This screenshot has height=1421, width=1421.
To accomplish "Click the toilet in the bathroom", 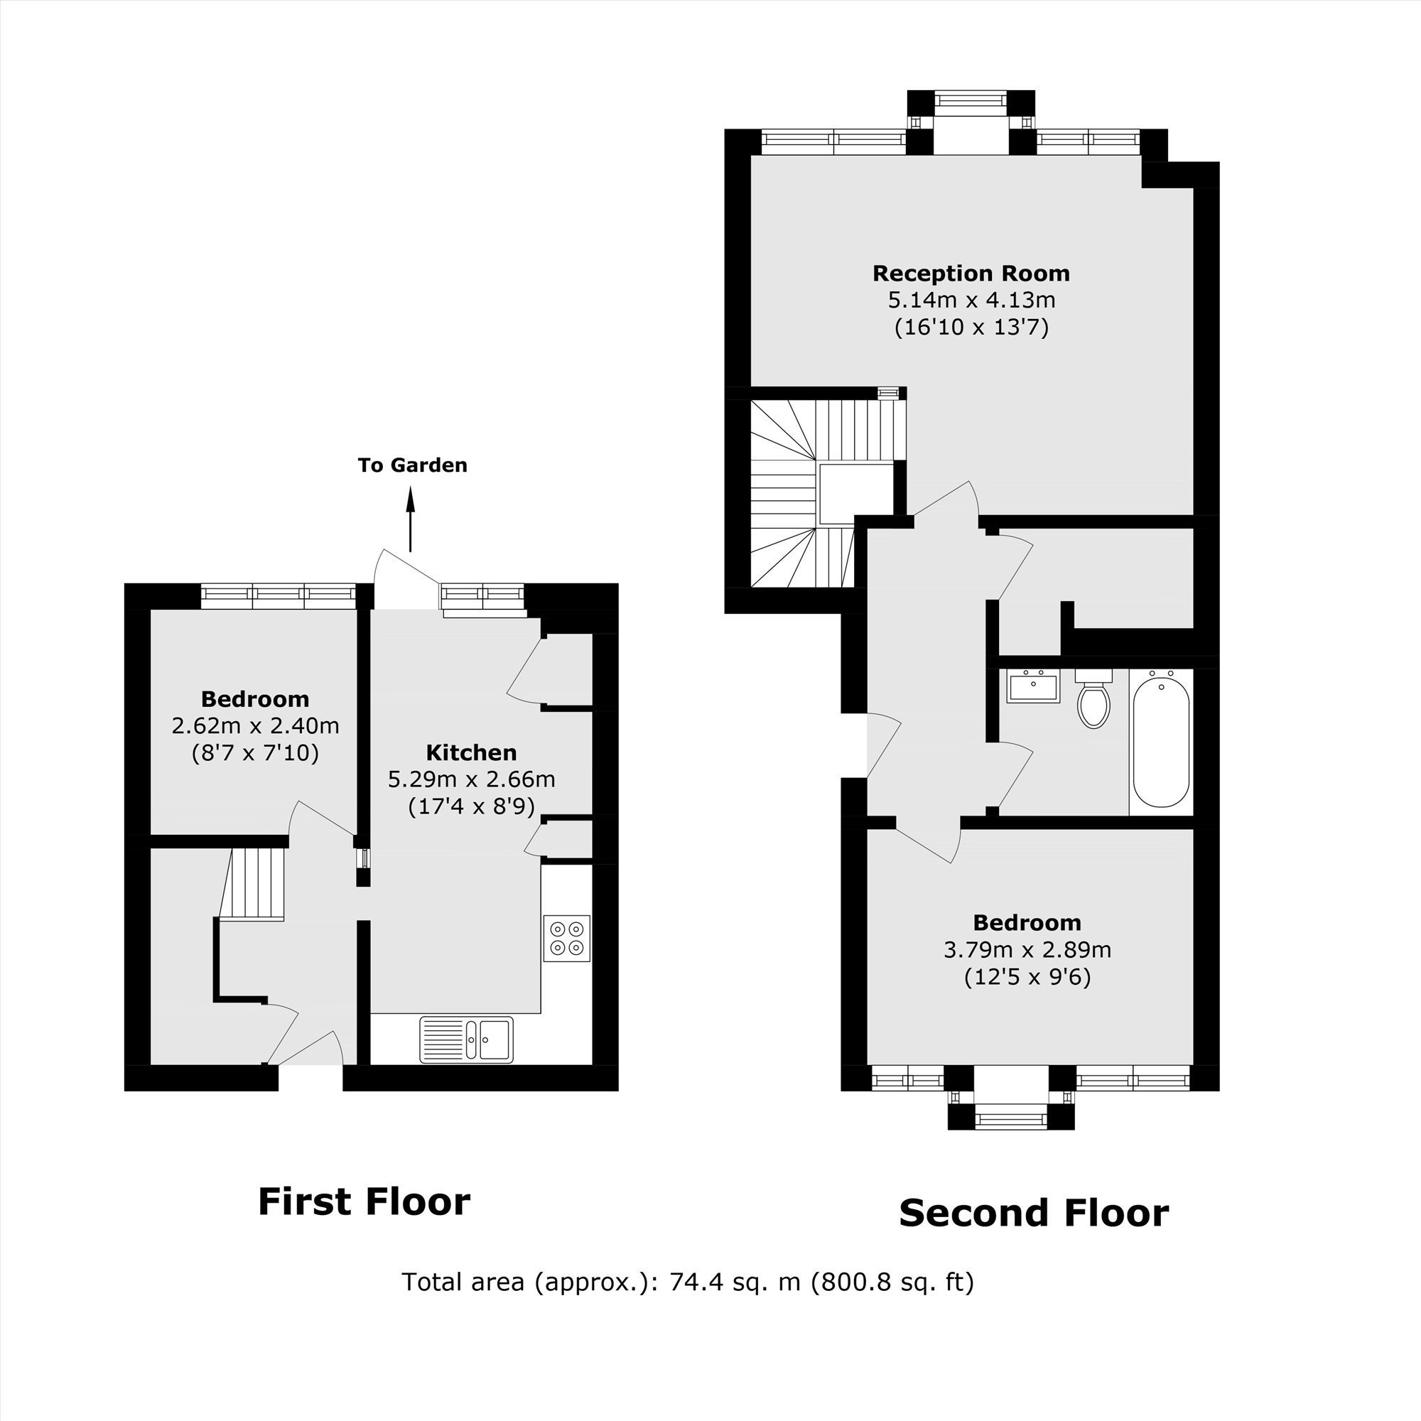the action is pos(1093,697).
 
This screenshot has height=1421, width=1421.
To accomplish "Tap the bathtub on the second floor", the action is pos(1161,742).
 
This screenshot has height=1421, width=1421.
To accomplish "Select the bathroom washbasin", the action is pos(1033,686).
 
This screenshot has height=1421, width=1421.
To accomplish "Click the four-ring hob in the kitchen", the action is pos(566,938).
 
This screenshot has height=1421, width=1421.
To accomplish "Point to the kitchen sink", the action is pos(466,1039).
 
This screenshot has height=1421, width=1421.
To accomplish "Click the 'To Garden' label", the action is pos(413,465).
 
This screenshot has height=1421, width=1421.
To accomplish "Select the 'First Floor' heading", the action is pos(364,1202).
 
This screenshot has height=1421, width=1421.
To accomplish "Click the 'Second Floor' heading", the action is pos(1033,1214).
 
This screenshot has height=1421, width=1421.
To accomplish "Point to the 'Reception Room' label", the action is pos(971,274).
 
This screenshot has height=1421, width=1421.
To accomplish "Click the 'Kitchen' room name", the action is pos(472,752).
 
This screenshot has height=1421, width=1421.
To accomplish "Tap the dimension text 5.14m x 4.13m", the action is pos(971,300).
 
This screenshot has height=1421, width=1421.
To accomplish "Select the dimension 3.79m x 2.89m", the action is pos(1027,949).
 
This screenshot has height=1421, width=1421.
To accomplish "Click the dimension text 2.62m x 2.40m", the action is pos(255,726).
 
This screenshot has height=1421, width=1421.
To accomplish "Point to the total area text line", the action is pos(688,1282).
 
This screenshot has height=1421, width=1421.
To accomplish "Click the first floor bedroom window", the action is pos(278,596).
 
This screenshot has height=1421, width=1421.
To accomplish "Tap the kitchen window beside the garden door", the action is pos(483,598).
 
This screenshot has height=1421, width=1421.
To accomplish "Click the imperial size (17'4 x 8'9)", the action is pos(472,807).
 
